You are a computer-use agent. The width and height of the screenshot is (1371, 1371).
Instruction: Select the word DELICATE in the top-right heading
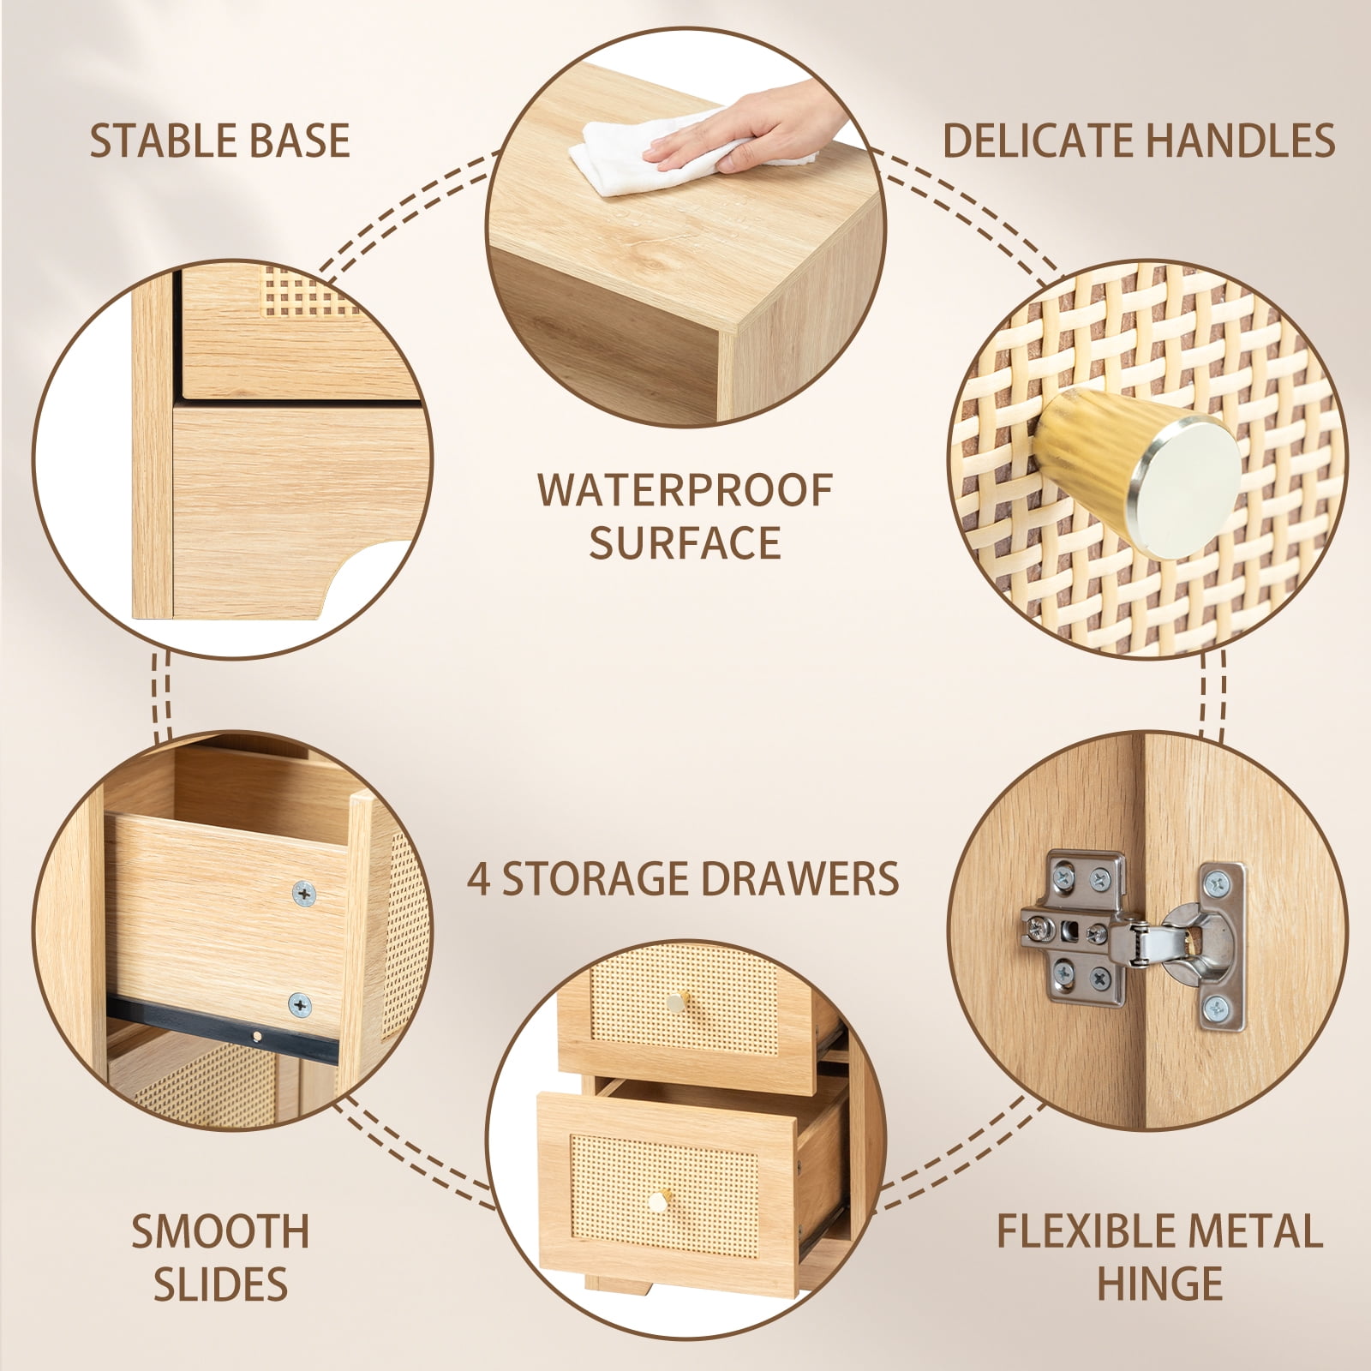click(1040, 141)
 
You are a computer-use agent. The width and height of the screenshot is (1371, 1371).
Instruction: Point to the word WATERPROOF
click(685, 490)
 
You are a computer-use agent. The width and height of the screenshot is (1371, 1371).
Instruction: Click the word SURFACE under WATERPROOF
click(685, 542)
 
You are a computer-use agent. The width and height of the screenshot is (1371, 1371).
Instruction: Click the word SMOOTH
click(220, 1231)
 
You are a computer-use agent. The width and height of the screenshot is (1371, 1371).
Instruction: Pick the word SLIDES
click(220, 1284)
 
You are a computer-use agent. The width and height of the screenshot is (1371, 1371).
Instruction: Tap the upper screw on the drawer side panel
click(303, 894)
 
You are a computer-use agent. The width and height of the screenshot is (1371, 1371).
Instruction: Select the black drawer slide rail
click(223, 1030)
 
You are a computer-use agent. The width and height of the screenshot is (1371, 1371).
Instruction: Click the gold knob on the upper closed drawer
click(678, 999)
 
